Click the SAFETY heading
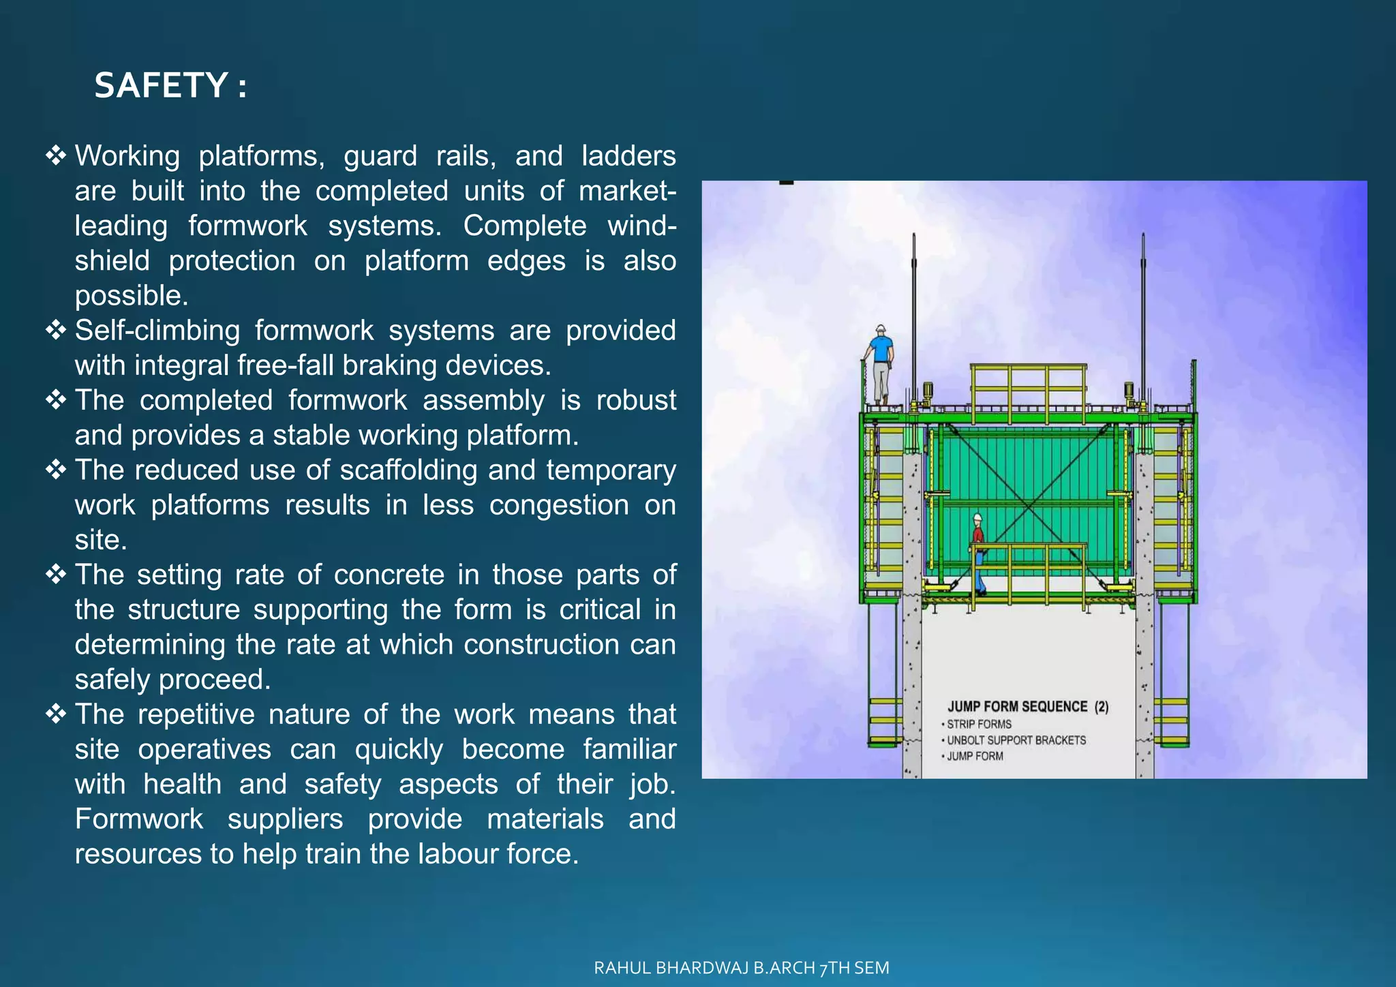point(170,86)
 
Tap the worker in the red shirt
point(979,552)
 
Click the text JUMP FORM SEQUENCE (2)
point(1028,707)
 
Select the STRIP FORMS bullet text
point(979,724)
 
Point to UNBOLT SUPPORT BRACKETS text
point(1016,740)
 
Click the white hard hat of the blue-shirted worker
point(881,330)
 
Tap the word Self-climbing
point(157,331)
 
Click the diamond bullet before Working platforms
point(56,155)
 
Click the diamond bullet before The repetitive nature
point(56,714)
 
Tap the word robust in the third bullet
point(635,400)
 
